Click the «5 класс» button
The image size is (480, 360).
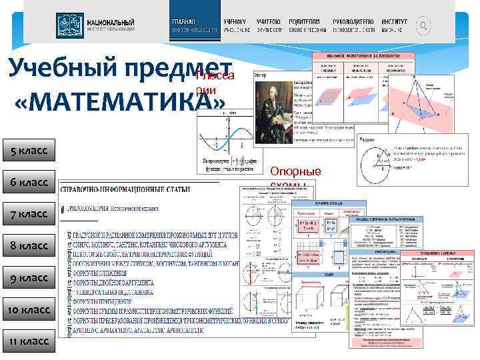click(x=29, y=150)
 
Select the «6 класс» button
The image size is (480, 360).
click(x=29, y=182)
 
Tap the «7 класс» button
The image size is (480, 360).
click(x=29, y=214)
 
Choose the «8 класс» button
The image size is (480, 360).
click(x=29, y=246)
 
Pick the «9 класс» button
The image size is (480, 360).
click(x=29, y=278)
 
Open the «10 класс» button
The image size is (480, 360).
click(x=29, y=310)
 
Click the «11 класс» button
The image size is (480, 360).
click(x=29, y=341)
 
